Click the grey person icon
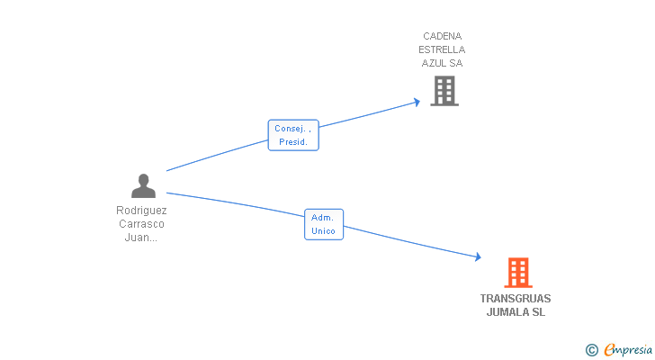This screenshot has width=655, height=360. tap(143, 186)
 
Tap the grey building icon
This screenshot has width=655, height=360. tap(444, 91)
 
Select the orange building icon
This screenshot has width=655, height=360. tap(517, 272)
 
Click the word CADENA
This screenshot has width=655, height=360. tap(443, 37)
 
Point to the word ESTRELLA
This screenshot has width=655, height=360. tap(443, 50)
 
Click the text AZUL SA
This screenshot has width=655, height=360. tap(443, 64)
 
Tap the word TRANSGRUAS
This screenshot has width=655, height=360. tap(516, 299)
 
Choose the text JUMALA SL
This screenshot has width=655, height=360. tap(516, 312)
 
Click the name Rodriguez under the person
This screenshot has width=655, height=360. tap(142, 211)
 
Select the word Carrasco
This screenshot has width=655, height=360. tap(142, 224)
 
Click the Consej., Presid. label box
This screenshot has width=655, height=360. tap(293, 135)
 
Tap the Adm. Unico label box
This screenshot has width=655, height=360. tap(323, 224)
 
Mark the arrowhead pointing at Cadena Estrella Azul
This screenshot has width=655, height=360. tap(417, 102)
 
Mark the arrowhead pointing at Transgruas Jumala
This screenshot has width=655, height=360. tap(478, 257)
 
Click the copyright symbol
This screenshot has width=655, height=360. tap(591, 349)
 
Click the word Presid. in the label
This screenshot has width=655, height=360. tap(293, 142)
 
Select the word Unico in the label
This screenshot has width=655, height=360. tap(323, 231)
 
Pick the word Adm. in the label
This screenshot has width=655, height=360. tap(323, 217)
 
